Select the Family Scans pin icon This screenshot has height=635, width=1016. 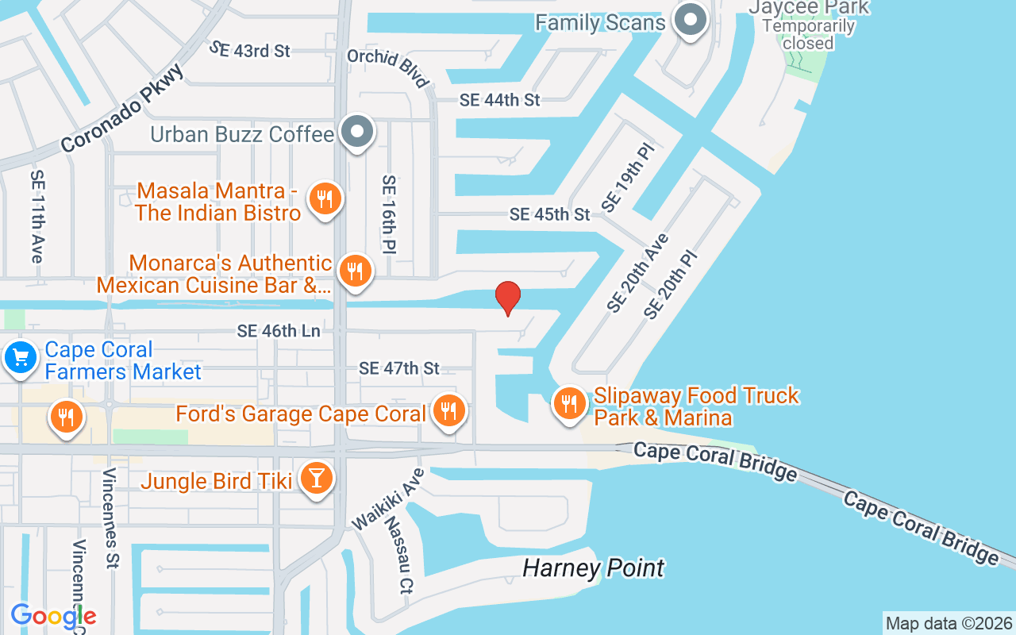pos(690,20)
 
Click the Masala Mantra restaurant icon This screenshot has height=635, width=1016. pos(324,199)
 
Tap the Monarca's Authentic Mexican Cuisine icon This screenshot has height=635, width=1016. pos(355,272)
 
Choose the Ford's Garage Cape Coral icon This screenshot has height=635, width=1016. pos(449,411)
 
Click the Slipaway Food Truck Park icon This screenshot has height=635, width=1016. pos(568,404)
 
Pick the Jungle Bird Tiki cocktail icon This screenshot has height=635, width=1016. pos(317,479)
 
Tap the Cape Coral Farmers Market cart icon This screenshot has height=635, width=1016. pos(20,359)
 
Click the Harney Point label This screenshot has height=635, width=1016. pos(593,568)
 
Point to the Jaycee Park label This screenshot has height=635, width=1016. pos(808,8)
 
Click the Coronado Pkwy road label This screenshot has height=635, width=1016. pos(122,109)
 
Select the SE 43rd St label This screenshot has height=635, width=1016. pos(250,50)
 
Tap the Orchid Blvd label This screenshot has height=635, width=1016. pos(389,67)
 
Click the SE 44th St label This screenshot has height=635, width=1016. pos(499,100)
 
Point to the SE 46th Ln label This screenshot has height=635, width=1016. pos(278,331)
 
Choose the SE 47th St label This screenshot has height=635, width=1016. pos(398,368)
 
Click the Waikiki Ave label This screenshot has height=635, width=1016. pos(389,498)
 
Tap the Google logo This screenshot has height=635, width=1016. pos(53,616)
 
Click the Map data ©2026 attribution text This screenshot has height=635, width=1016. pos(949,623)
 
